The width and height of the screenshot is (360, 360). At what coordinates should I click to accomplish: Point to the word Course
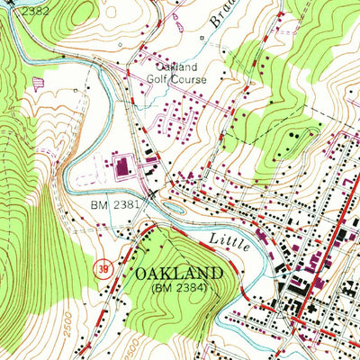[x=190, y=78]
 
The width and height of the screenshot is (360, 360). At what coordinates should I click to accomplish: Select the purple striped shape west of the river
[x=38, y=83]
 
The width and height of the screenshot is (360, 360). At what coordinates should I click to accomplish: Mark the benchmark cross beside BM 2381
[x=151, y=193]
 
